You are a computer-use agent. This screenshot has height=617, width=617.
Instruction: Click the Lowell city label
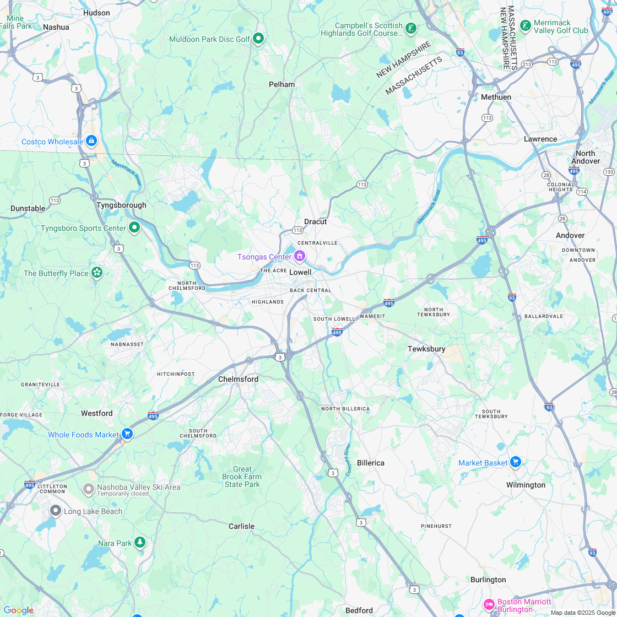click(300, 272)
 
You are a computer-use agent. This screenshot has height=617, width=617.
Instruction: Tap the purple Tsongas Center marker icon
click(300, 256)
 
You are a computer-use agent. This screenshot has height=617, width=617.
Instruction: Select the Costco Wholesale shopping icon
click(91, 141)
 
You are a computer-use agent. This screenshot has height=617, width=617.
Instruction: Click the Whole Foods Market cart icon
click(127, 434)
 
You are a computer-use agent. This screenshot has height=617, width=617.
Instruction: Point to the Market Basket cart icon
click(515, 462)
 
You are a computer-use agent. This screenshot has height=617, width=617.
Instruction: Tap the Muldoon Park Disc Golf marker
click(258, 39)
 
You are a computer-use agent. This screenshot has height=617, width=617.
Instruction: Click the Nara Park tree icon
click(140, 543)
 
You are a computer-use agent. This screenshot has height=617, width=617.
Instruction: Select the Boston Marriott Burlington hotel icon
click(489, 605)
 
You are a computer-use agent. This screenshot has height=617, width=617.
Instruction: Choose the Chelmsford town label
click(238, 379)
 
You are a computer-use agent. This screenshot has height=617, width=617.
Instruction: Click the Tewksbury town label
click(426, 349)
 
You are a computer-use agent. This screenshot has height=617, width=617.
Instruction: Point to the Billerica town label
click(371, 463)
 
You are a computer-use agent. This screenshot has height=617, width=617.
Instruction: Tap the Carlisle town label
click(241, 526)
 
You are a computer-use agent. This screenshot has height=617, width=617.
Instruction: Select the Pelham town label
click(282, 84)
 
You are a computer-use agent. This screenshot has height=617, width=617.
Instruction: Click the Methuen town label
click(496, 97)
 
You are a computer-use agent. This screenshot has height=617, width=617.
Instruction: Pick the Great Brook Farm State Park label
click(242, 477)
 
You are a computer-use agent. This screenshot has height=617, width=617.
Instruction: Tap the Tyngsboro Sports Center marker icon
click(134, 227)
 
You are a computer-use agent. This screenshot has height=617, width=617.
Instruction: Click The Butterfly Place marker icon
click(97, 272)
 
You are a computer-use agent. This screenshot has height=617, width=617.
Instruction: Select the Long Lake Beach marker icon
click(55, 511)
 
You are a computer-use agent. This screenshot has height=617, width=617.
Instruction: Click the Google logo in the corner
click(18, 610)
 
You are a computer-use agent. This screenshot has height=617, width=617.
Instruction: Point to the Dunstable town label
click(28, 208)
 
